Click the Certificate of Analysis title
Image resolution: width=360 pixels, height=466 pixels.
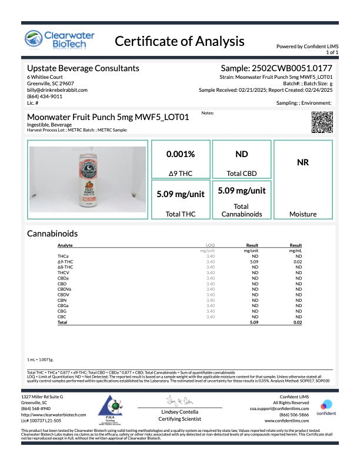179,41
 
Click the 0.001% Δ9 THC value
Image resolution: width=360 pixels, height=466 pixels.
181,154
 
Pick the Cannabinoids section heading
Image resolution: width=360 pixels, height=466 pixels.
52,233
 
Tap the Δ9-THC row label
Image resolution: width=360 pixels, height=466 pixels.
65,261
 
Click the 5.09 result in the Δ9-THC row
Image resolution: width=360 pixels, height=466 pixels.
255,261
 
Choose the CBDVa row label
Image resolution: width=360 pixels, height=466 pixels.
64,289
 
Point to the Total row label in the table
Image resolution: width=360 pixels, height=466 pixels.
62,322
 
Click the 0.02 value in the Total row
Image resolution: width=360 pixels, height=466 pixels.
298,322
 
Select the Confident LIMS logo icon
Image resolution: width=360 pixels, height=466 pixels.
325,406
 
